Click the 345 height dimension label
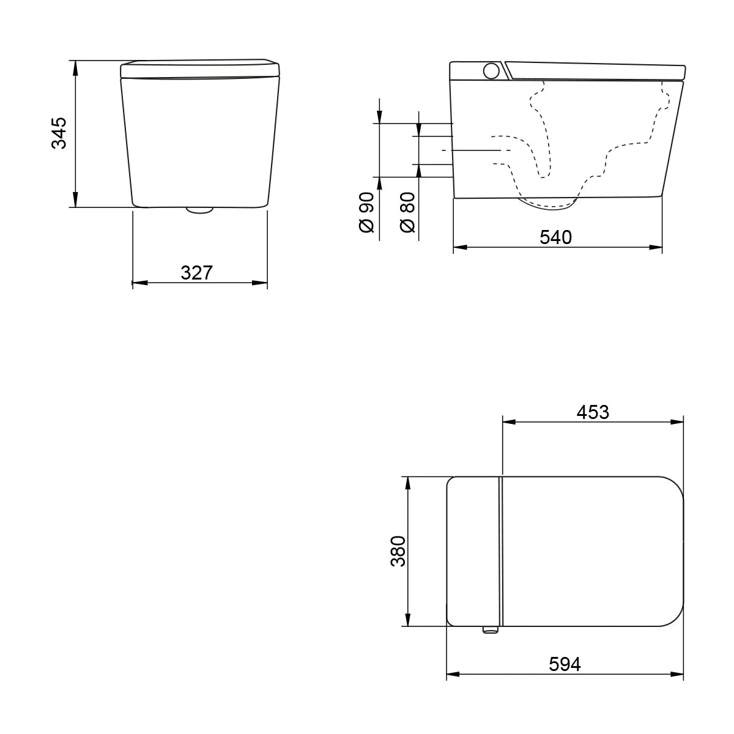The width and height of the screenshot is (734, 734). tap(59, 133)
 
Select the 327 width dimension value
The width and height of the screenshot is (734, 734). tap(196, 273)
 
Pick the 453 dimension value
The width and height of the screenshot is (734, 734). tap(593, 412)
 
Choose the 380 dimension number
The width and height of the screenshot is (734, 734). tap(398, 550)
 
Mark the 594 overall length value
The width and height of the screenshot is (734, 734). tap(564, 664)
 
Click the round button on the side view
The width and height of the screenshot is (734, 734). tap(491, 71)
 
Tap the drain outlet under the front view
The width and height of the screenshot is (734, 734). tap(199, 210)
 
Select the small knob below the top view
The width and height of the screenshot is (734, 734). tap(490, 629)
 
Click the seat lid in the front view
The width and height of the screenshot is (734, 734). tap(201, 68)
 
